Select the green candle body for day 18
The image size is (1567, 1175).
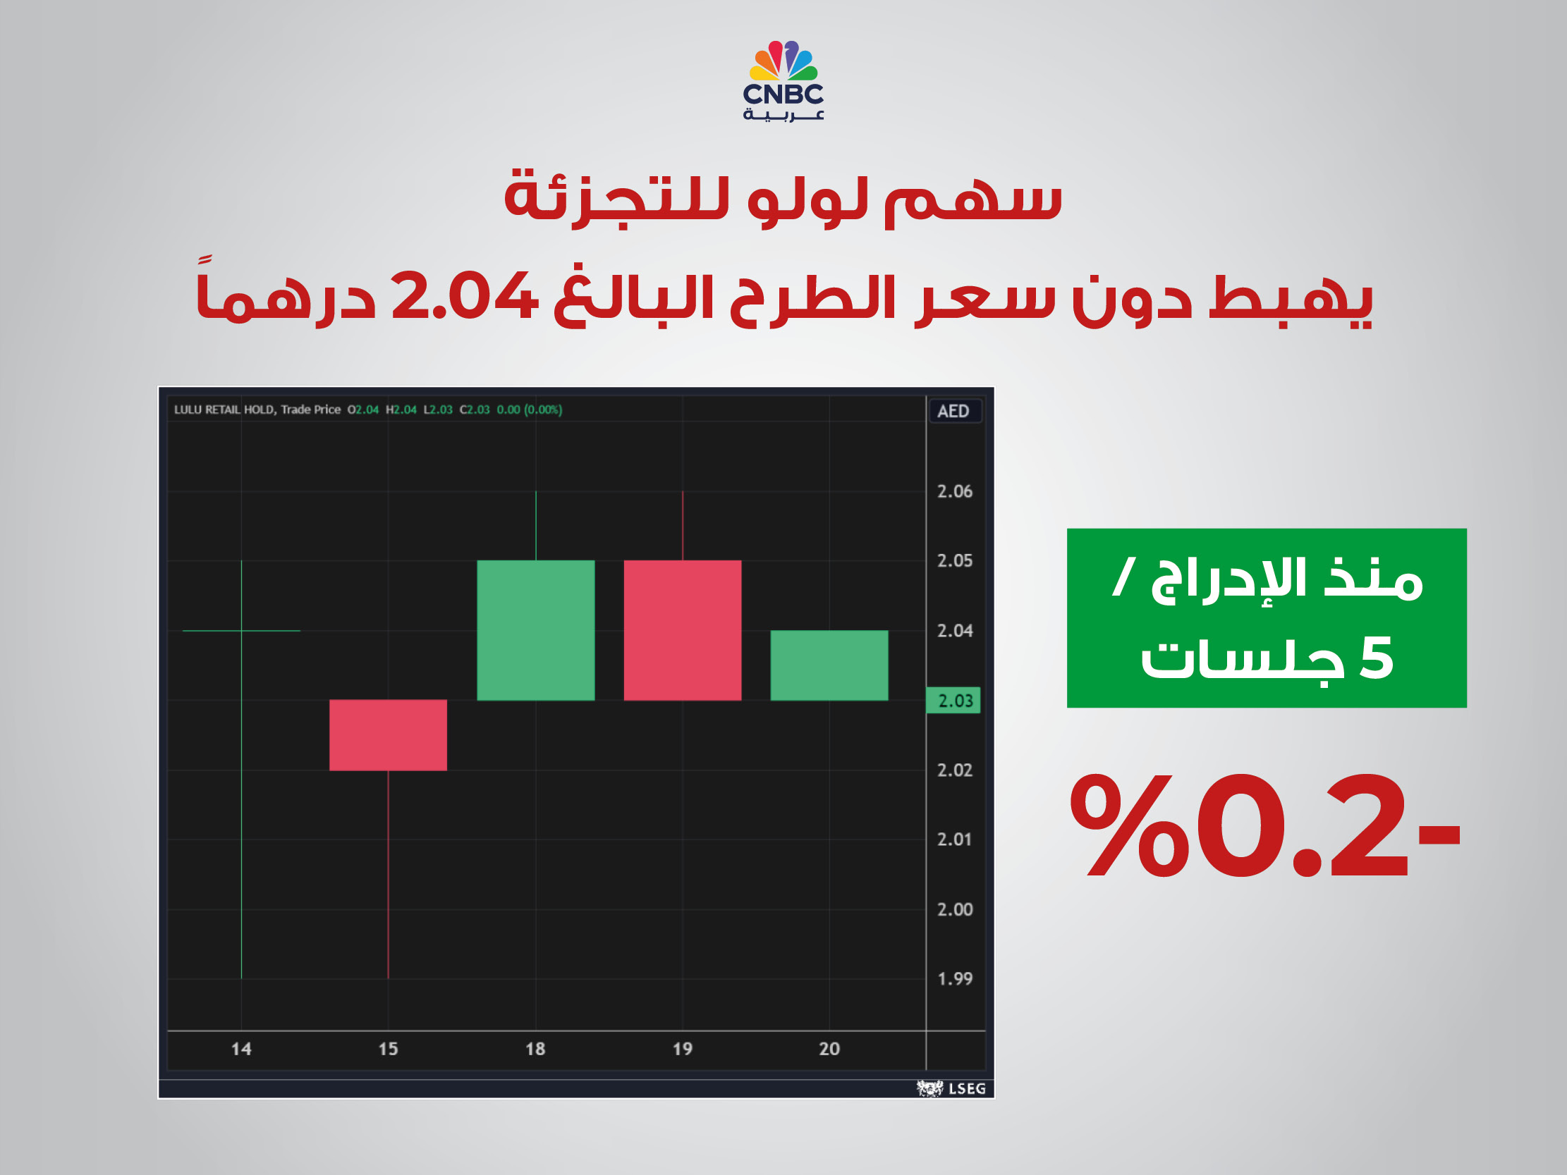tap(535, 629)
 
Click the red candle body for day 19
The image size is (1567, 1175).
tap(682, 629)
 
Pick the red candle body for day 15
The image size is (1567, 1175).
tap(388, 734)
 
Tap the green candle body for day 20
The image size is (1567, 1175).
tap(829, 665)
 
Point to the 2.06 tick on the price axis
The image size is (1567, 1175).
tap(954, 491)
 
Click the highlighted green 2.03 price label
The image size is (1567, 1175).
tap(954, 701)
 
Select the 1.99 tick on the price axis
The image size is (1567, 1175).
tap(954, 979)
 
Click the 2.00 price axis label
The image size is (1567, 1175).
tap(954, 909)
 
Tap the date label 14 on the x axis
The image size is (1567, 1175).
tap(242, 1048)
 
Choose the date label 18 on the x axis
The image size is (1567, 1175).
tap(535, 1048)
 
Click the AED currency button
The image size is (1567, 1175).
tap(953, 411)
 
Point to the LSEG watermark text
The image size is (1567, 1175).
tap(967, 1088)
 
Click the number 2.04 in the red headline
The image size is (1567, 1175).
tap(465, 296)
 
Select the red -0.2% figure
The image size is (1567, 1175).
tap(1264, 827)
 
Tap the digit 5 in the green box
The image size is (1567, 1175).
tap(1376, 658)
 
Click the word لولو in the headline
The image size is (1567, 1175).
tap(807, 199)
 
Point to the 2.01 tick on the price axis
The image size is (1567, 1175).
tap(954, 839)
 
